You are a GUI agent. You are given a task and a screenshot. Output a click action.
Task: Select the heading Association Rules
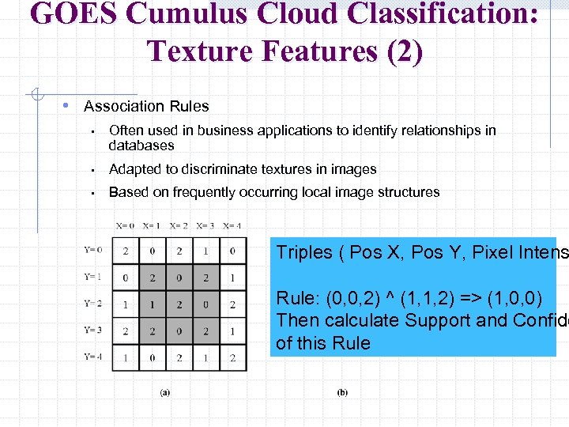coord(146,106)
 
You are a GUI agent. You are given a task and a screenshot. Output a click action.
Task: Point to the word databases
coord(141,145)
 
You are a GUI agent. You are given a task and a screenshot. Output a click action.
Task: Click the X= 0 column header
coord(125,226)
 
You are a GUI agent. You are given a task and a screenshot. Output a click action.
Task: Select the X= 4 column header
coord(232,226)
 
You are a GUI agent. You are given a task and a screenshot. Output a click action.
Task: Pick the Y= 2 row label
coord(92,304)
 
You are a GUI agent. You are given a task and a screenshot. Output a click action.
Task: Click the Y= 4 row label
coord(92,357)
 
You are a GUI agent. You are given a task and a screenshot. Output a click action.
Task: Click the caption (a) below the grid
coord(164,392)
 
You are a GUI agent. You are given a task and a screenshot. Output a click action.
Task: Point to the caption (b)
coord(342,392)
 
